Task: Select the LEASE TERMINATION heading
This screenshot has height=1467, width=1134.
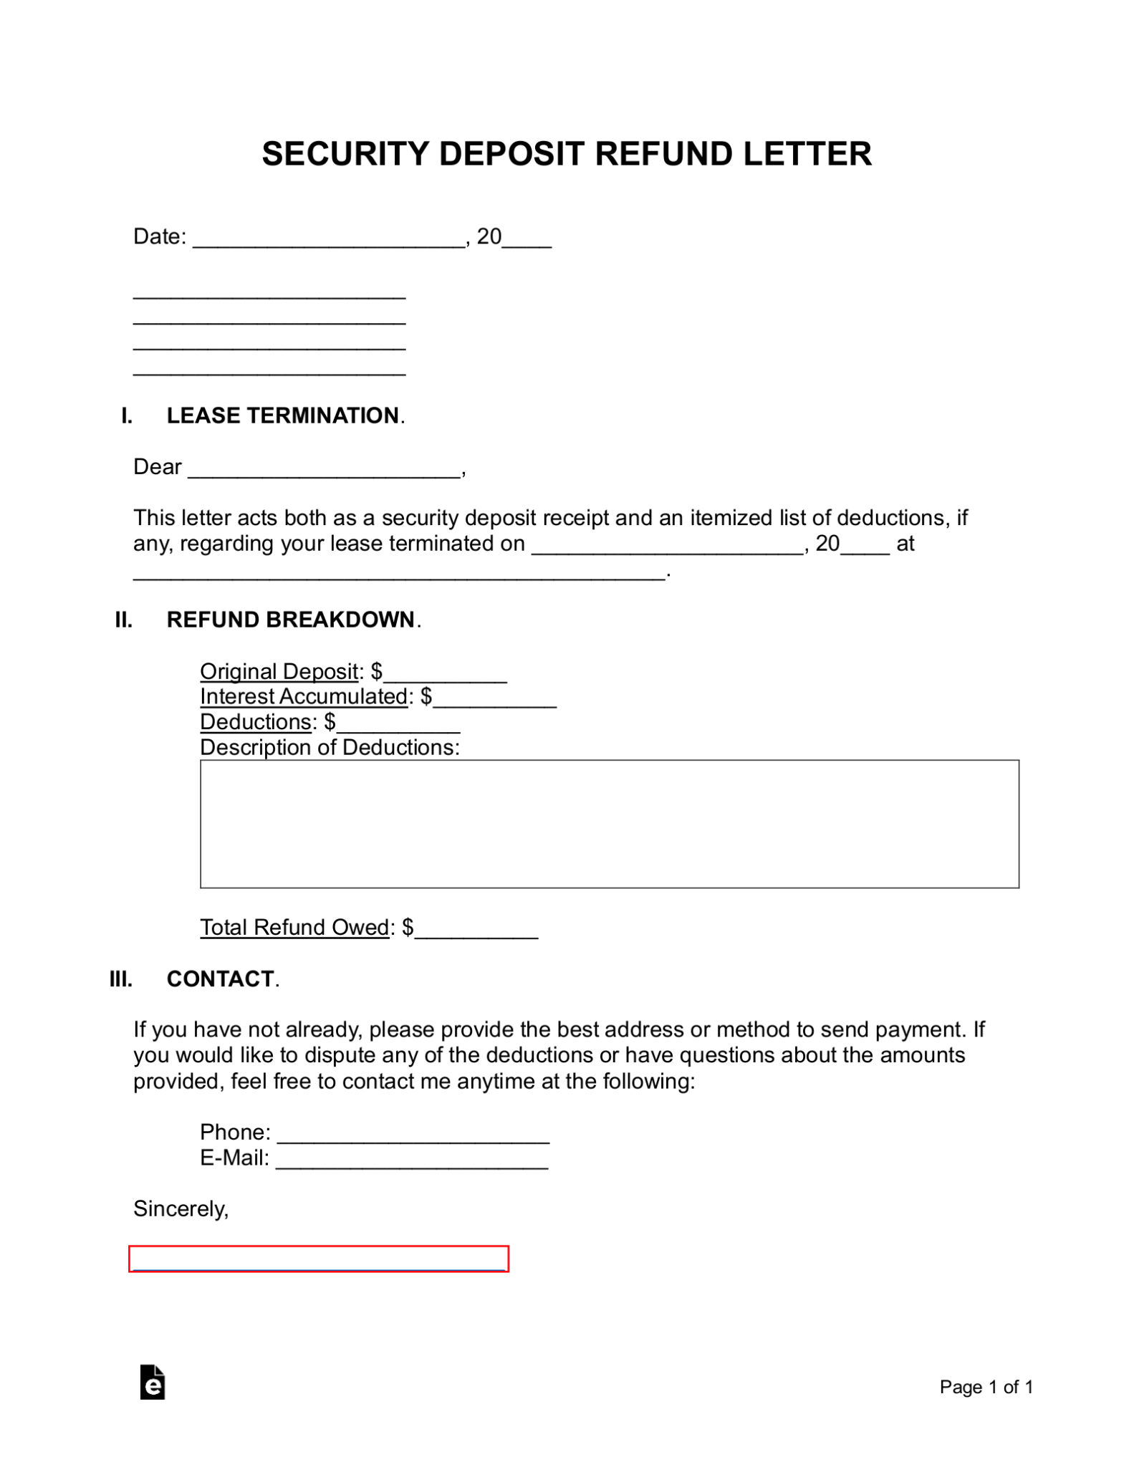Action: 282,415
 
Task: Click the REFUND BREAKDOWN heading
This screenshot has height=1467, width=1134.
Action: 290,620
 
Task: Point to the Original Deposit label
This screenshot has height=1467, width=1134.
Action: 279,671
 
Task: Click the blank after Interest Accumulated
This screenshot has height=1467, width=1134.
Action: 495,698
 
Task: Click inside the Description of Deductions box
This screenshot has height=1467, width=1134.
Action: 609,824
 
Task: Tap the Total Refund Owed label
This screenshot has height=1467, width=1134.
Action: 294,927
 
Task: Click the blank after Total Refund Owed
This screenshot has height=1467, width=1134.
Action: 476,930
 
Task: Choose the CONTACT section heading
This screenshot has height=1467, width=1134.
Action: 220,978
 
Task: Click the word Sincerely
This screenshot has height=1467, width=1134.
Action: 181,1208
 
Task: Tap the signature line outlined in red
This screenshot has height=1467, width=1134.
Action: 319,1259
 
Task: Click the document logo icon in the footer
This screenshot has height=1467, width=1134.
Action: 153,1382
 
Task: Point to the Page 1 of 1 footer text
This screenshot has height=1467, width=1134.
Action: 986,1387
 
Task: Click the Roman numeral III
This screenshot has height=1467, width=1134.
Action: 121,978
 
